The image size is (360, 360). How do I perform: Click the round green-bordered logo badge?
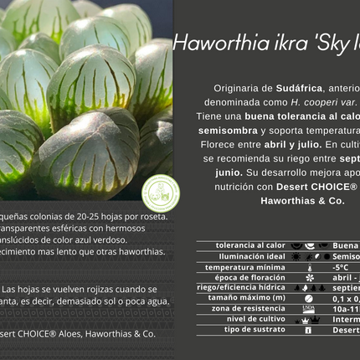click(161, 193)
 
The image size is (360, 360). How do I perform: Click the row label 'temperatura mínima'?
click(248, 266)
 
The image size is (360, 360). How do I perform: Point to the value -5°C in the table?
click(341, 267)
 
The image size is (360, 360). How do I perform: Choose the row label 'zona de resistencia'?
click(249, 308)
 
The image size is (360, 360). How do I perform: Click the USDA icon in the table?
click(309, 309)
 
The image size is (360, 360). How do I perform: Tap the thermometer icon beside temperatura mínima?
click(309, 267)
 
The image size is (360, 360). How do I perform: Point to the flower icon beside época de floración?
click(309, 277)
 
